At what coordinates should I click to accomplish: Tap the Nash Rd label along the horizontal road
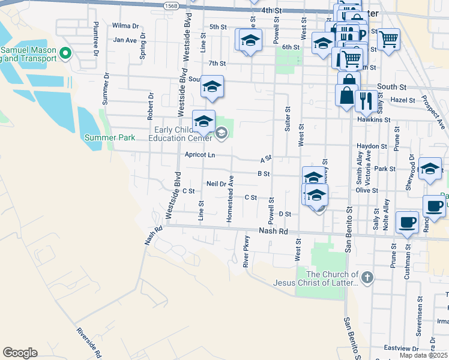274,230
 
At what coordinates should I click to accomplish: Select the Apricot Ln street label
200,155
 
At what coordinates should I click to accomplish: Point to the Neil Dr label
215,184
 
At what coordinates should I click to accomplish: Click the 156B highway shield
172,5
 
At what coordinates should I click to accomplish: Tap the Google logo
20,353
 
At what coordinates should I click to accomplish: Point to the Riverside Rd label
88,343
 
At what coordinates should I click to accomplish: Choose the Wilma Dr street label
125,26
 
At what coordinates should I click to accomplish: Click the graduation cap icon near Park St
430,169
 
